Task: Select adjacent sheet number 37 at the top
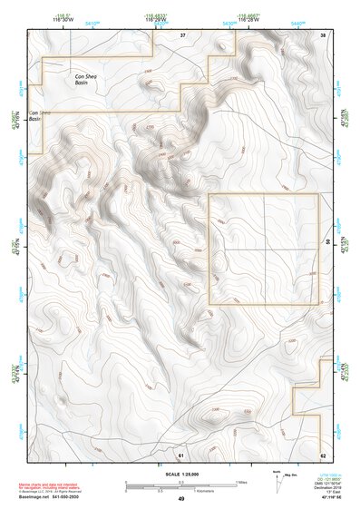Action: point(182,34)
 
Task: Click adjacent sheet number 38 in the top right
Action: point(323,34)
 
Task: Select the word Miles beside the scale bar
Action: point(241,482)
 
